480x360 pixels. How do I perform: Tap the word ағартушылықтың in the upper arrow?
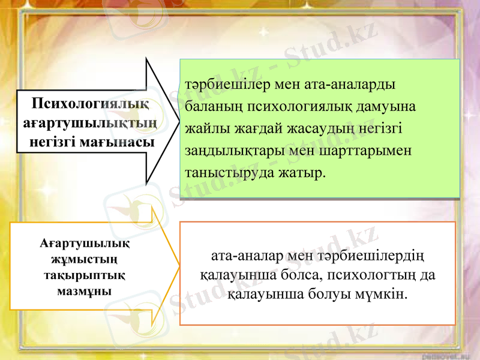point(91,123)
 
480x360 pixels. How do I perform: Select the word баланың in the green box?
point(215,106)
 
